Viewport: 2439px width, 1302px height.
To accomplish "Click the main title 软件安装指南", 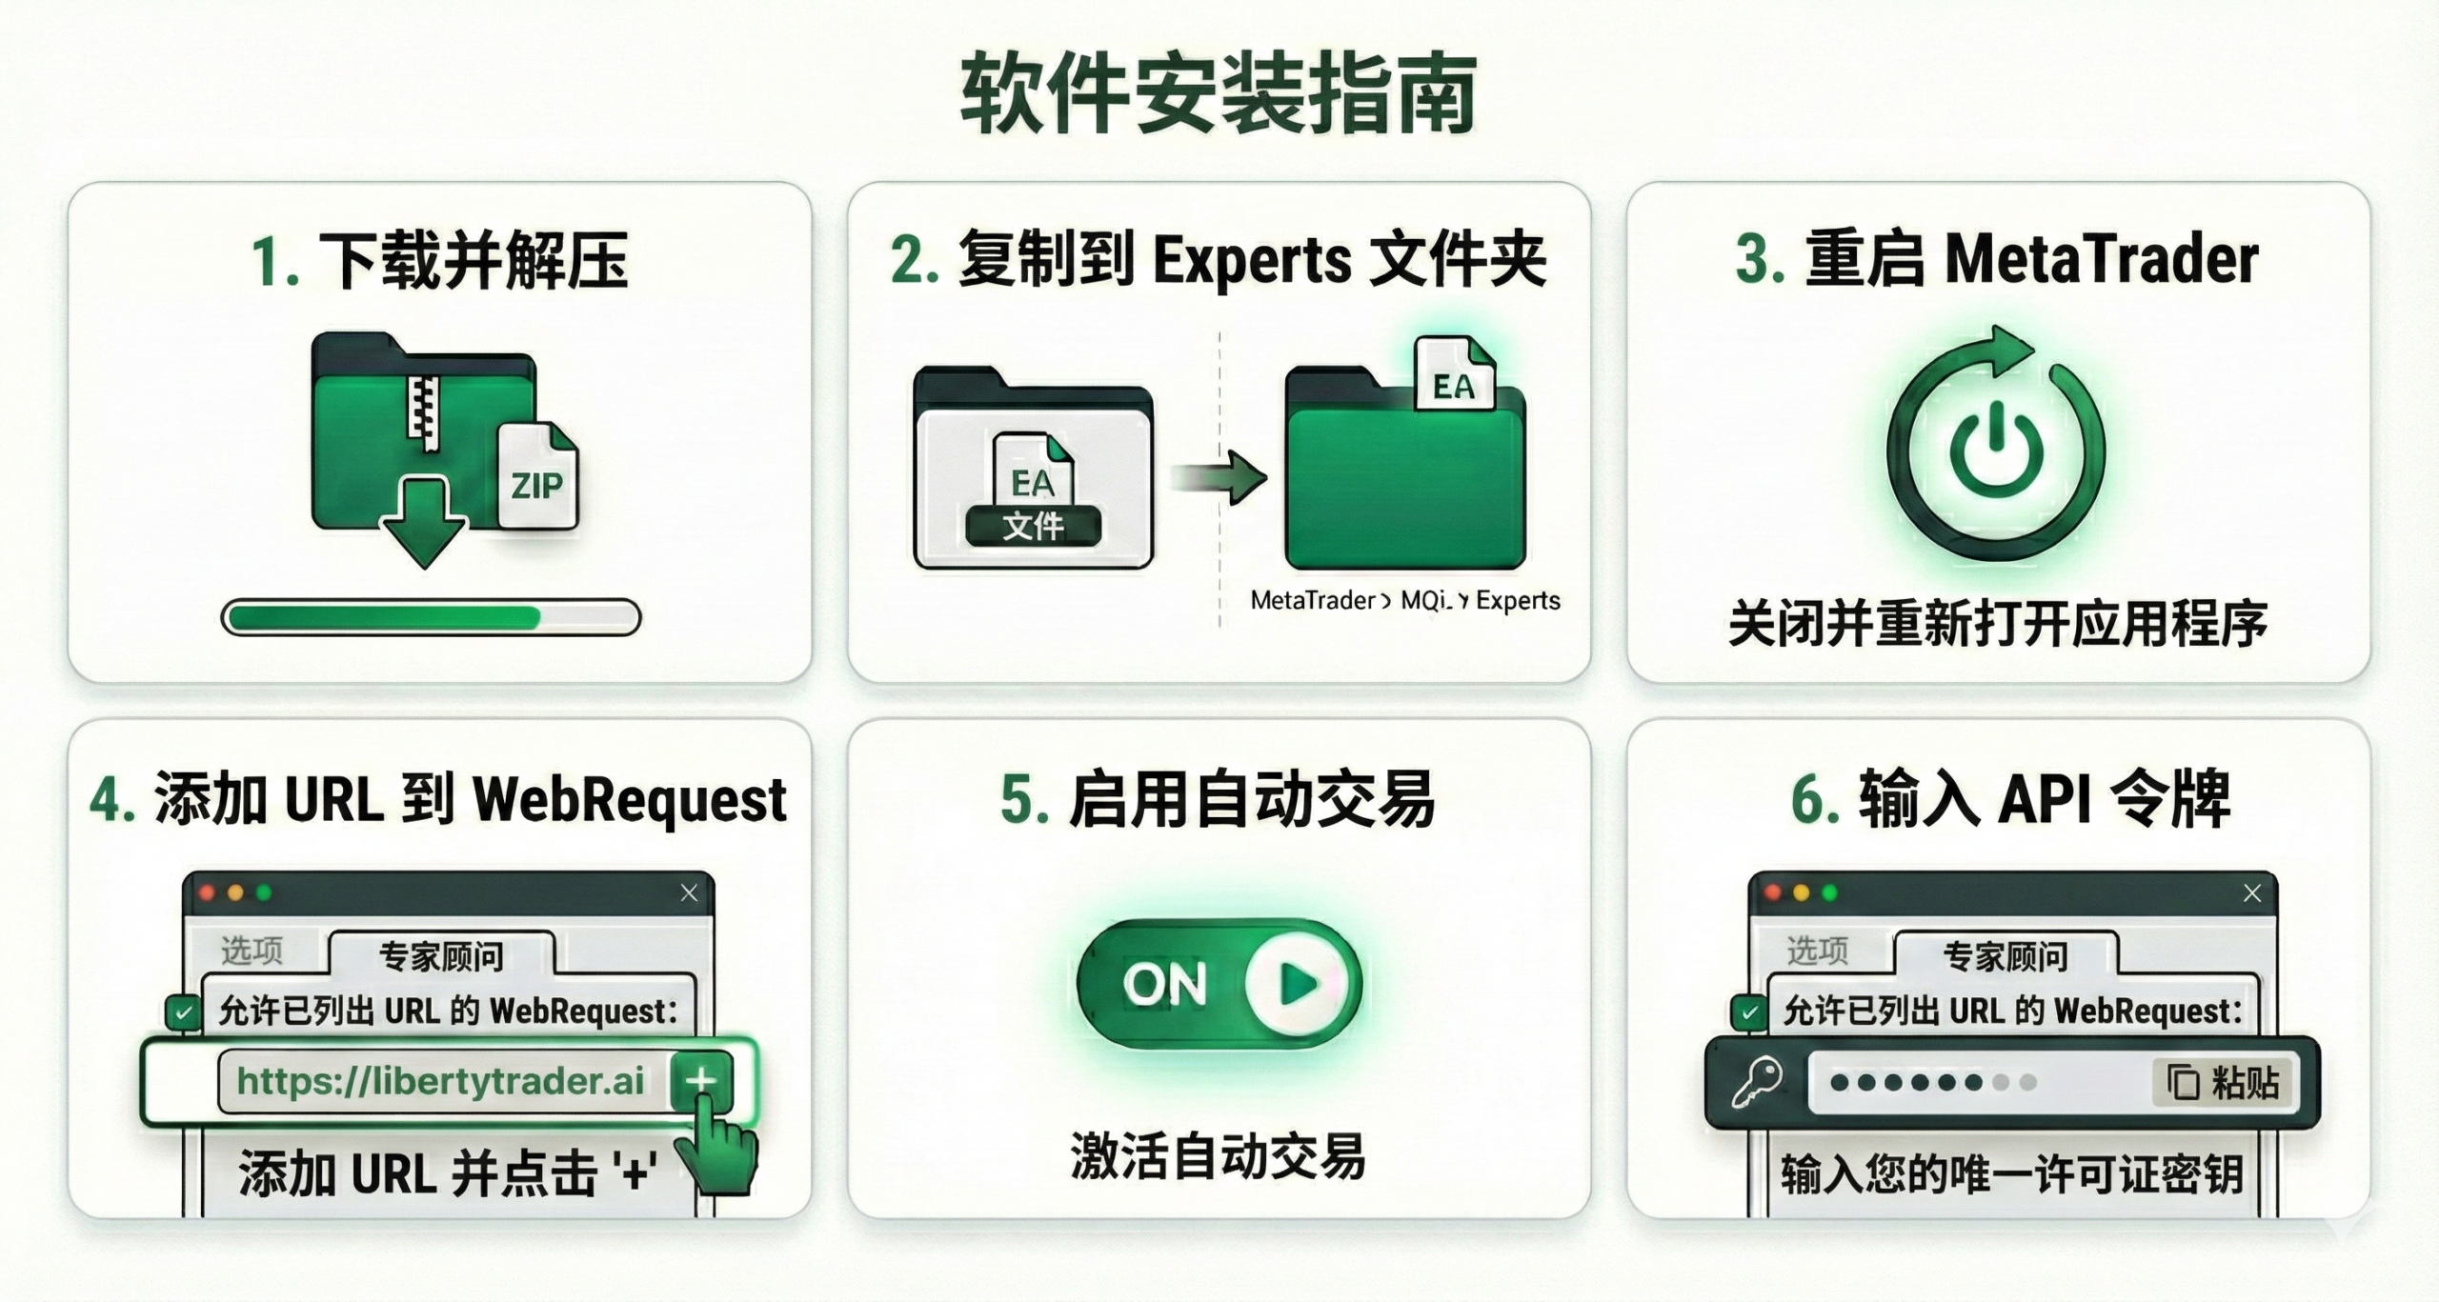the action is (x=1219, y=94).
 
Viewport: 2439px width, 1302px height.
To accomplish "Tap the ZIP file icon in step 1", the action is (x=538, y=475).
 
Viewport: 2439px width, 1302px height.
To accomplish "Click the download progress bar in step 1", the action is (x=431, y=617).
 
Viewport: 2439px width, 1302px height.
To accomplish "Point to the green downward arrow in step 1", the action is (x=423, y=522).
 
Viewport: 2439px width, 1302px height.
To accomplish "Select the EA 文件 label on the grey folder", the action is (x=1034, y=526).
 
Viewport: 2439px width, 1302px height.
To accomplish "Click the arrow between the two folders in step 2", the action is (x=1219, y=476).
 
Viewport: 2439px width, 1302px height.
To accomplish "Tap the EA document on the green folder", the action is (x=1455, y=375).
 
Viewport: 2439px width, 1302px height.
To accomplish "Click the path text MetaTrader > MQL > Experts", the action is (x=1405, y=600).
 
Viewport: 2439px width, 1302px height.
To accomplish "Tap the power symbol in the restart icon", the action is (x=1996, y=450).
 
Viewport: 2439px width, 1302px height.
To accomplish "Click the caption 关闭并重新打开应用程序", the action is (x=1998, y=624).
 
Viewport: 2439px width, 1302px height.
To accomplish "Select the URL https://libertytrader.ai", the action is (x=440, y=1081).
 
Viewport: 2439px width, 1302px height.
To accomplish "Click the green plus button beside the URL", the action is (x=701, y=1081).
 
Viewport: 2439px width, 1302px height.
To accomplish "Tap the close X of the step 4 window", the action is (x=689, y=892).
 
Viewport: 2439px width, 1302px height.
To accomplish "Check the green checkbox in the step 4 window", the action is (x=182, y=1012).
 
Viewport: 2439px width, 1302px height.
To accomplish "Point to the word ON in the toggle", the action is (x=1165, y=984).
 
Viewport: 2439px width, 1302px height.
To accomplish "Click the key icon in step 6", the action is (x=1756, y=1083).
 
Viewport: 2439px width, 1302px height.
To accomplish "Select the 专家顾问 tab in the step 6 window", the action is (x=2006, y=954).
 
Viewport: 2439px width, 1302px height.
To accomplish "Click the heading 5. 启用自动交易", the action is (x=1218, y=798).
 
